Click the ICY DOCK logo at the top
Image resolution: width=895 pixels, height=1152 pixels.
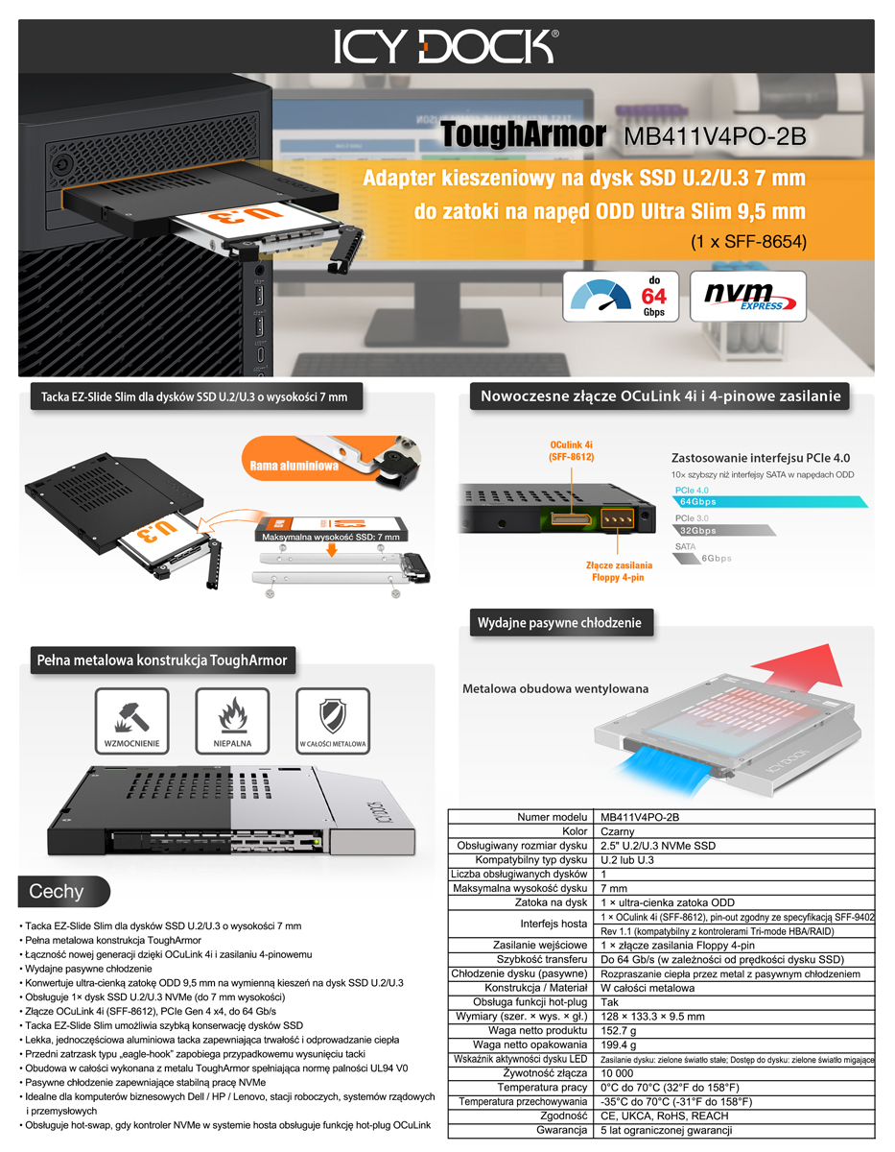point(446,47)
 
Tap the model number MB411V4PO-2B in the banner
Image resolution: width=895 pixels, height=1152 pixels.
point(715,136)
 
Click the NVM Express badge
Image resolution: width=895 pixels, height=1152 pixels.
point(748,297)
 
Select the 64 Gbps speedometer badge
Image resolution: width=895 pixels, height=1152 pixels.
point(621,297)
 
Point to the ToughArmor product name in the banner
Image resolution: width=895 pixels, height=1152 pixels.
point(523,134)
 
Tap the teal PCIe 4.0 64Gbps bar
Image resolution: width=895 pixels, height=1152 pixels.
point(769,501)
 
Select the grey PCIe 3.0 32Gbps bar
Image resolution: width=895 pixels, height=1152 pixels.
point(724,530)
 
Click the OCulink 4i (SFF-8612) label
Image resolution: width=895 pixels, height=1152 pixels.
point(572,450)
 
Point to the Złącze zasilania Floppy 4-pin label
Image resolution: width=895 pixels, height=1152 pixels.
point(619,571)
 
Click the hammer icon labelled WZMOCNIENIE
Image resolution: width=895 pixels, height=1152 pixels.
point(131,721)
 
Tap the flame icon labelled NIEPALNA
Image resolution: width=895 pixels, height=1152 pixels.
point(232,721)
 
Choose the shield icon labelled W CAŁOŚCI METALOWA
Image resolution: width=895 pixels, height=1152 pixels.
point(333,721)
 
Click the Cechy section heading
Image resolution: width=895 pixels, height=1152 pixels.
point(57,891)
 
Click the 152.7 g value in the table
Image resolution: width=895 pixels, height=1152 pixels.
point(619,1030)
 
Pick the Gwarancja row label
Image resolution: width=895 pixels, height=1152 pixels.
point(561,1130)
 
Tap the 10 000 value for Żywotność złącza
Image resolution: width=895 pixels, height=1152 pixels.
point(617,1073)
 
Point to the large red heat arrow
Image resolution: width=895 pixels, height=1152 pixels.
point(797,666)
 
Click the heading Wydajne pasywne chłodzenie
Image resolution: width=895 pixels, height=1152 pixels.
point(559,622)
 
